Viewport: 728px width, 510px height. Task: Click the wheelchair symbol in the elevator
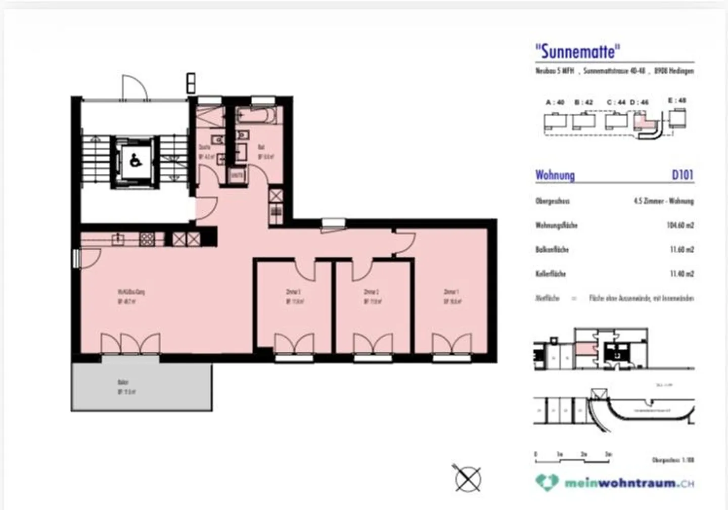[x=135, y=161]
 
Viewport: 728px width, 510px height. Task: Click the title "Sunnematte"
[x=578, y=51]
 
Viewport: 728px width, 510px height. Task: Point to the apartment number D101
[x=682, y=175]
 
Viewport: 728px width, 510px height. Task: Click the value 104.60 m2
[x=680, y=225]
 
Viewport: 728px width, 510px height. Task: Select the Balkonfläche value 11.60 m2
[x=681, y=249]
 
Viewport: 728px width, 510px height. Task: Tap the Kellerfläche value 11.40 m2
[x=681, y=273]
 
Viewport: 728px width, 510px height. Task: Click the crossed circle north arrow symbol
[x=468, y=478]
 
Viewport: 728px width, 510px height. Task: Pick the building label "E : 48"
[x=677, y=101]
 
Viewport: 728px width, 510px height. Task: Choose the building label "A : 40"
[x=555, y=102]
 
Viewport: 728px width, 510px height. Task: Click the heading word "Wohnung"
[x=555, y=175]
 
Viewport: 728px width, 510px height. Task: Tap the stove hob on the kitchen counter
[x=147, y=239]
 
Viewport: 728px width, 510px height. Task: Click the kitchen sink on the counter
[x=118, y=239]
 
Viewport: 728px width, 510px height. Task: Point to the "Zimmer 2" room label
[x=373, y=296]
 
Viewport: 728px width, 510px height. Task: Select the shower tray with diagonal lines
[x=209, y=117]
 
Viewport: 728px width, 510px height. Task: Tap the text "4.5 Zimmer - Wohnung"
[x=663, y=201]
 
